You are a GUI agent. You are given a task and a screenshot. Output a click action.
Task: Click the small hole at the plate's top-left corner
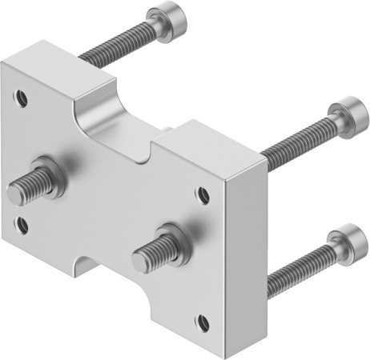(x=22, y=100)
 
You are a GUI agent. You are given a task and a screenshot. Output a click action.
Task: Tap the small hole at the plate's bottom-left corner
(x=22, y=225)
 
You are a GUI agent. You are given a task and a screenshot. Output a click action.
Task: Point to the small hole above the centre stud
(x=203, y=194)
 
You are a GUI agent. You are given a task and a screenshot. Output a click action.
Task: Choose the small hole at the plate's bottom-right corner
(x=203, y=322)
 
